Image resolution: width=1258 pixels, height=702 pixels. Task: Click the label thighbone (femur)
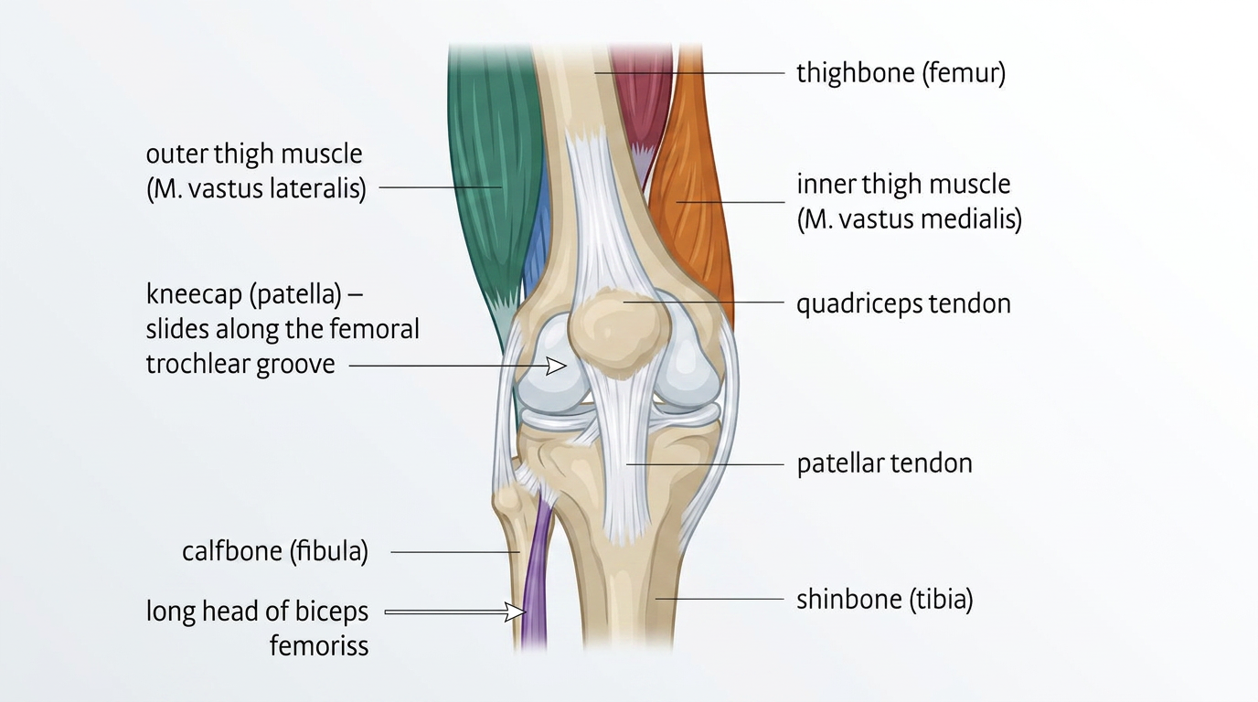pos(901,73)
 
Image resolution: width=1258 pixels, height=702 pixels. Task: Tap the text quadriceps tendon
pos(903,303)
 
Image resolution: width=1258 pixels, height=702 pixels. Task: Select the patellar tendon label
pos(884,463)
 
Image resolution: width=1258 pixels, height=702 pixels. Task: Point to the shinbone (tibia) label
pos(884,601)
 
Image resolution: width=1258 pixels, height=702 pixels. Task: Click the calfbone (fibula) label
pos(274,552)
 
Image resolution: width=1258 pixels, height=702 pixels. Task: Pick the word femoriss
pos(319,646)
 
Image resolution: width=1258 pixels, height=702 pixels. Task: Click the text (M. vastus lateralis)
pos(256,190)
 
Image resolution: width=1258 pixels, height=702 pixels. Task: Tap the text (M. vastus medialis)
pos(909,219)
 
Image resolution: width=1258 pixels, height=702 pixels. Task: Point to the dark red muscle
pos(640,91)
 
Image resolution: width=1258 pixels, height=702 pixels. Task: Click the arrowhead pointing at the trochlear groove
pos(556,366)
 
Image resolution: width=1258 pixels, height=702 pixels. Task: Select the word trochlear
pos(191,364)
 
